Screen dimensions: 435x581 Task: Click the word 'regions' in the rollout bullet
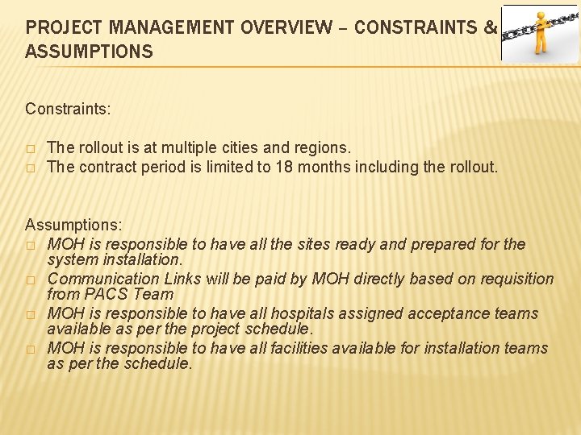(324, 148)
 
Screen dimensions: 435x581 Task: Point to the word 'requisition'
(515, 280)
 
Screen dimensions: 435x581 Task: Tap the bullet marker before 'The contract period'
(30, 168)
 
